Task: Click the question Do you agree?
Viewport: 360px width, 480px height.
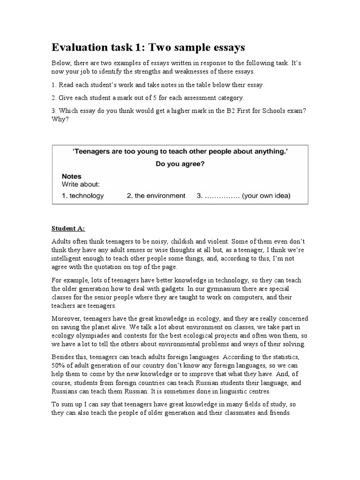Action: point(180,164)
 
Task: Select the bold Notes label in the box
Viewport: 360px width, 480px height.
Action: point(71,176)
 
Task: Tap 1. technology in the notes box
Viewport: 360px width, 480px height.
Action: point(83,195)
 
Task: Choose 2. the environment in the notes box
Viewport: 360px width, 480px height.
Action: point(156,195)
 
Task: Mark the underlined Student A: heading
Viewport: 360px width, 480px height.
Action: point(68,228)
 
